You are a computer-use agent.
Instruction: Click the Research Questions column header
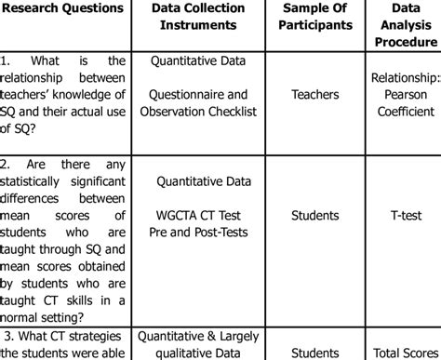[x=64, y=8]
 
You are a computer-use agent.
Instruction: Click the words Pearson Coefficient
[x=403, y=100]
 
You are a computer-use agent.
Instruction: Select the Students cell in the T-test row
[x=314, y=216]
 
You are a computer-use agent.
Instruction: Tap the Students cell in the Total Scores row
[x=314, y=353]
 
